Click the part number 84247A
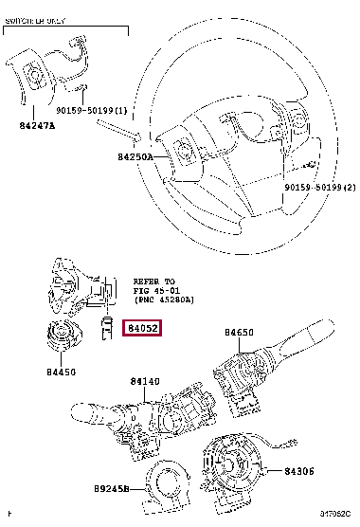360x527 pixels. pyautogui.click(x=37, y=123)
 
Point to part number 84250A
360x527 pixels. pyautogui.click(x=136, y=157)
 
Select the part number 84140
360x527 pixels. pyautogui.click(x=147, y=381)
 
